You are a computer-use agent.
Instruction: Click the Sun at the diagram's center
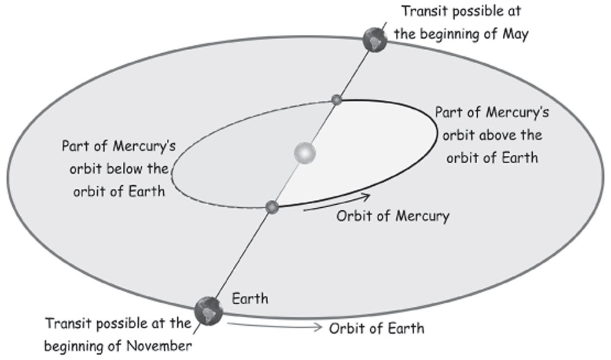tap(304, 152)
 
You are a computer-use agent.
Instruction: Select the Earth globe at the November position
tap(208, 309)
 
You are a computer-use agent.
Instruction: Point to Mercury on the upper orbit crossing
tap(335, 100)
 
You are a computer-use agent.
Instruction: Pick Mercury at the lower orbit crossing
tap(273, 208)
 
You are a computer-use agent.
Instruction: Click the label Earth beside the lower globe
tap(250, 299)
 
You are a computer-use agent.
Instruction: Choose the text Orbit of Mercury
tap(393, 216)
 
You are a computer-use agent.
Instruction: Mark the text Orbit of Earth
tap(376, 328)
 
